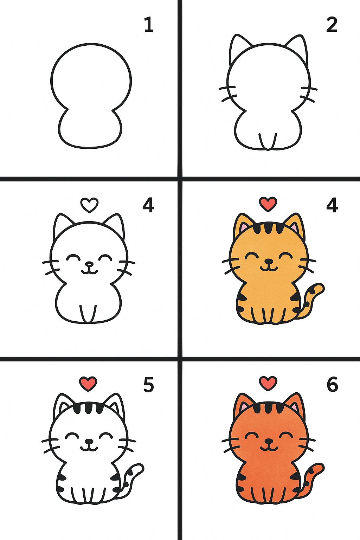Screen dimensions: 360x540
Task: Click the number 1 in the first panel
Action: (x=149, y=25)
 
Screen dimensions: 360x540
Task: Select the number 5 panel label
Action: (x=148, y=385)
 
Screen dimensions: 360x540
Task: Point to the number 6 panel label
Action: (x=332, y=385)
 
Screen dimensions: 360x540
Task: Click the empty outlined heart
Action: (x=89, y=205)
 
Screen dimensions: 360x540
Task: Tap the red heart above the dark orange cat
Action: (x=268, y=383)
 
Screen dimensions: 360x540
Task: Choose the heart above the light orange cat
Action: (x=268, y=204)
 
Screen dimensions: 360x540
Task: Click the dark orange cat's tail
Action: (x=311, y=478)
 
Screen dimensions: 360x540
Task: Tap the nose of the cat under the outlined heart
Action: (x=89, y=264)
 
